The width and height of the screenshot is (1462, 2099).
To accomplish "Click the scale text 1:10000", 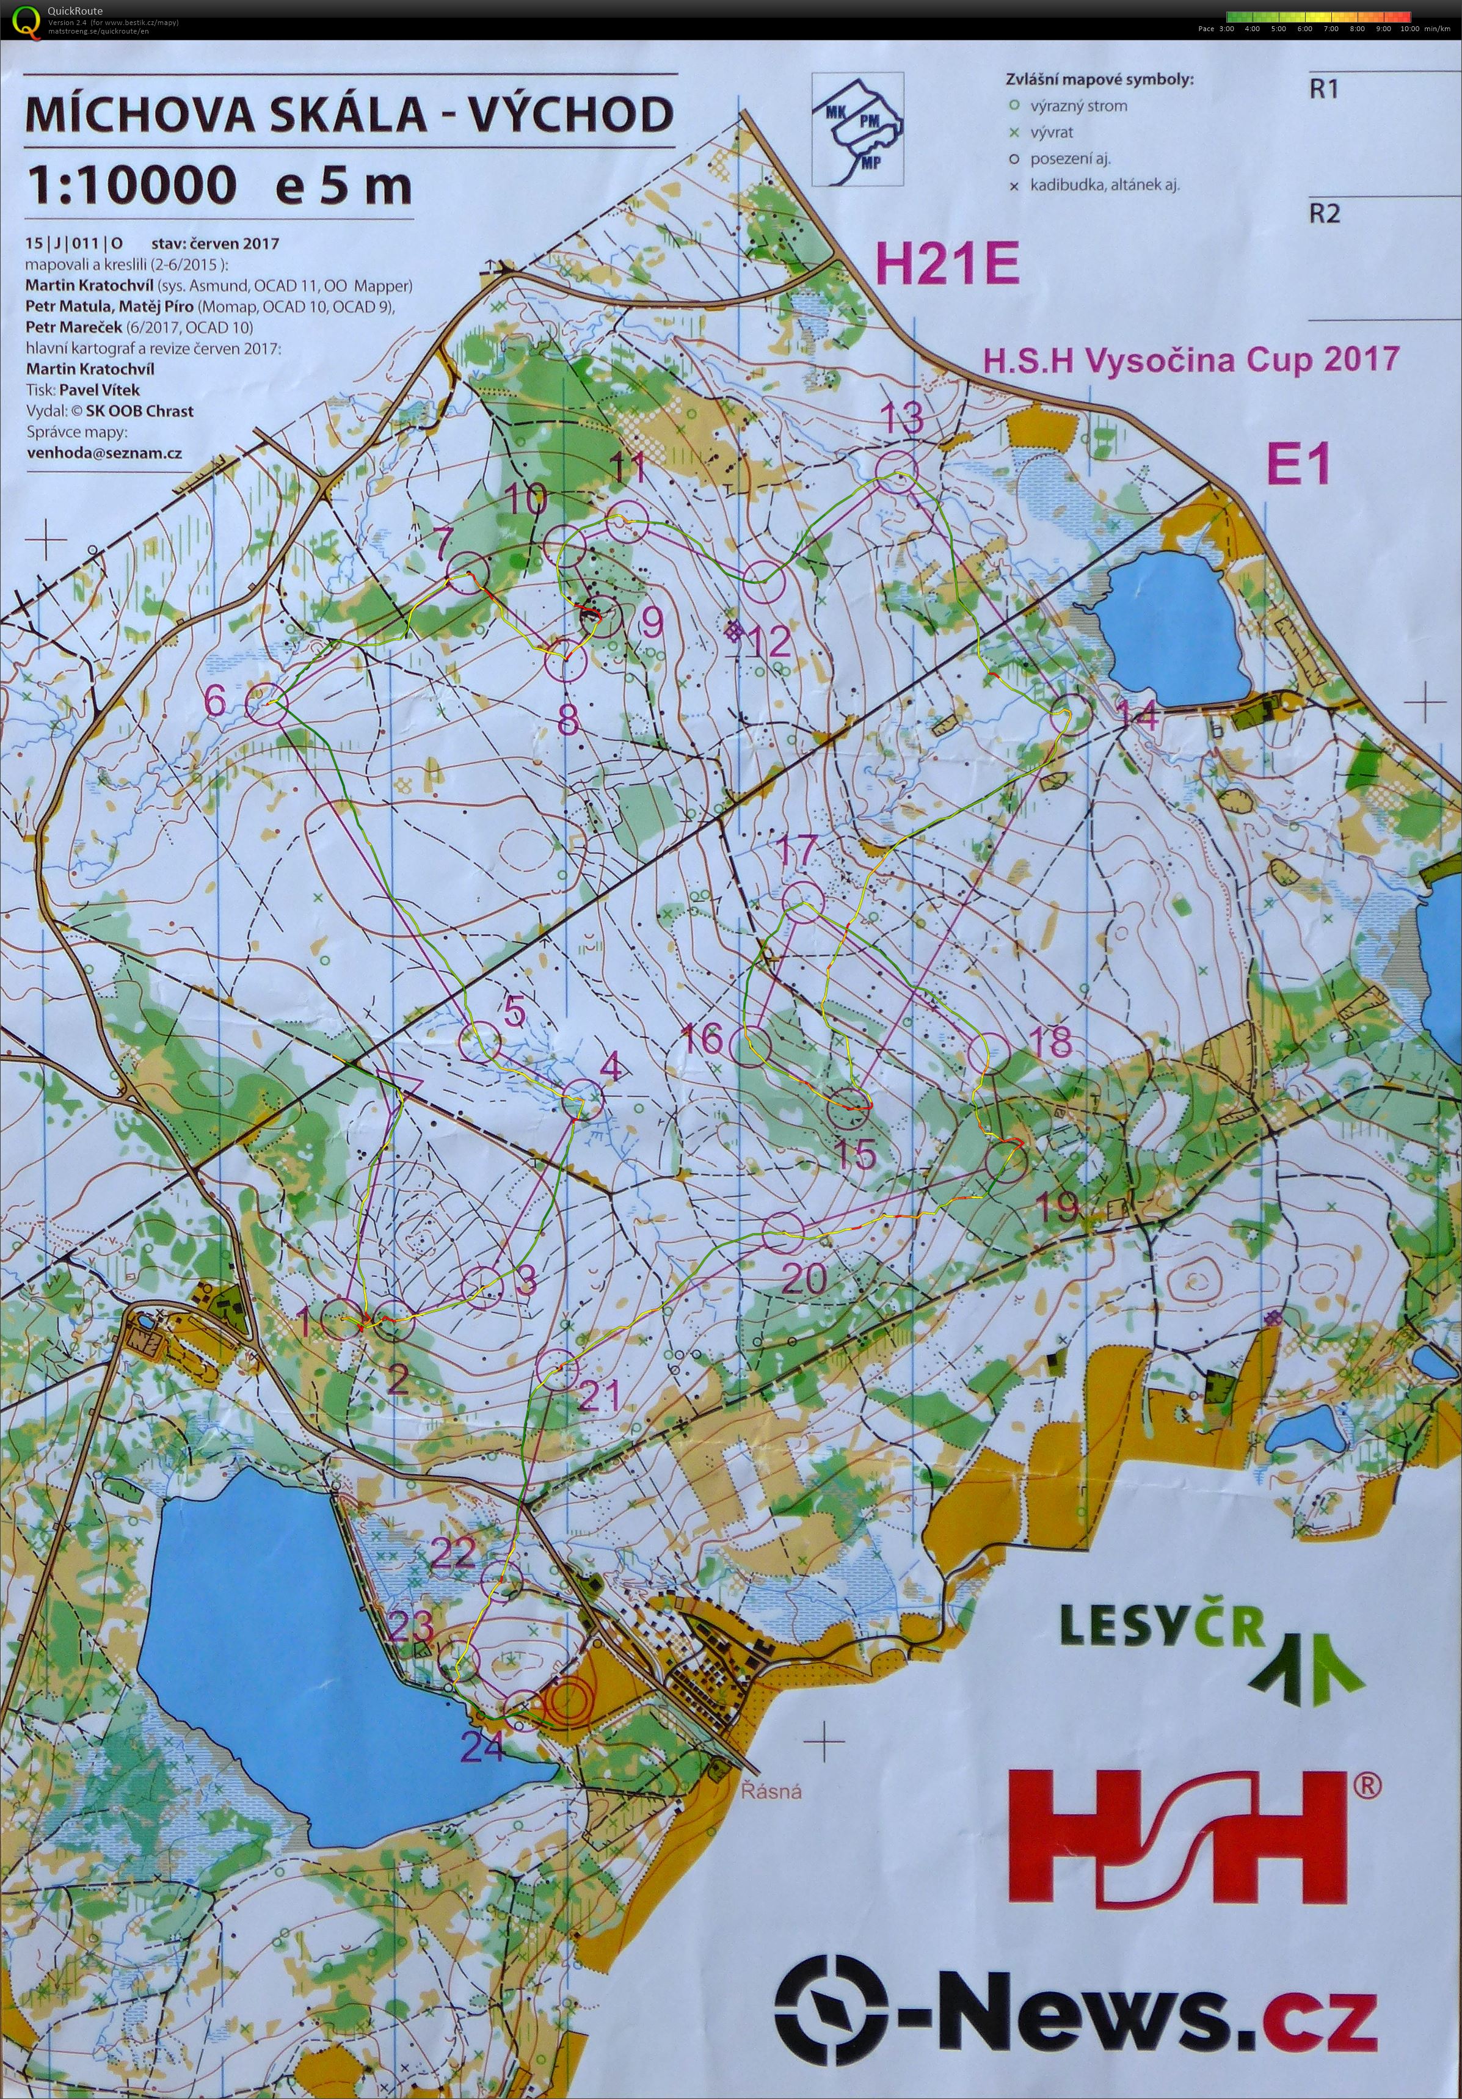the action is [x=131, y=186].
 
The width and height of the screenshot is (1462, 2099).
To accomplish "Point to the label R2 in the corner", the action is [x=1325, y=214].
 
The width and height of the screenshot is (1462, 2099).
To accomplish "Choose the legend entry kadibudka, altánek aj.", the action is [x=1104, y=184].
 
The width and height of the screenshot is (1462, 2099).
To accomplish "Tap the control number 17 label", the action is [x=798, y=852].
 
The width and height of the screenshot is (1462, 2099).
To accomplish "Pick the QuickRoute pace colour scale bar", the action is [x=1317, y=16].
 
